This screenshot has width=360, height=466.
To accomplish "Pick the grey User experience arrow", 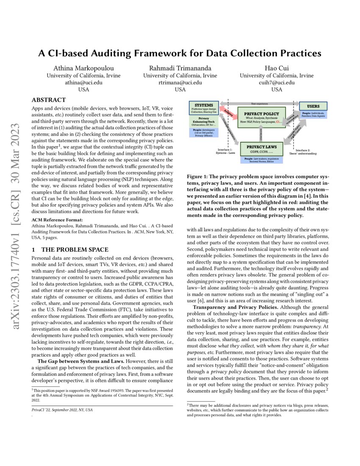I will [x=259, y=103].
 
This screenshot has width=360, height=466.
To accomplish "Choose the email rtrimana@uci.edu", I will [x=180, y=83].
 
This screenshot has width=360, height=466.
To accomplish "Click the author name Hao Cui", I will [x=277, y=68].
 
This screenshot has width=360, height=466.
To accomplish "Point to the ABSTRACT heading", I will [x=49, y=101].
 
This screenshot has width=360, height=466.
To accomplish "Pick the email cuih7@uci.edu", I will [x=277, y=83].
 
